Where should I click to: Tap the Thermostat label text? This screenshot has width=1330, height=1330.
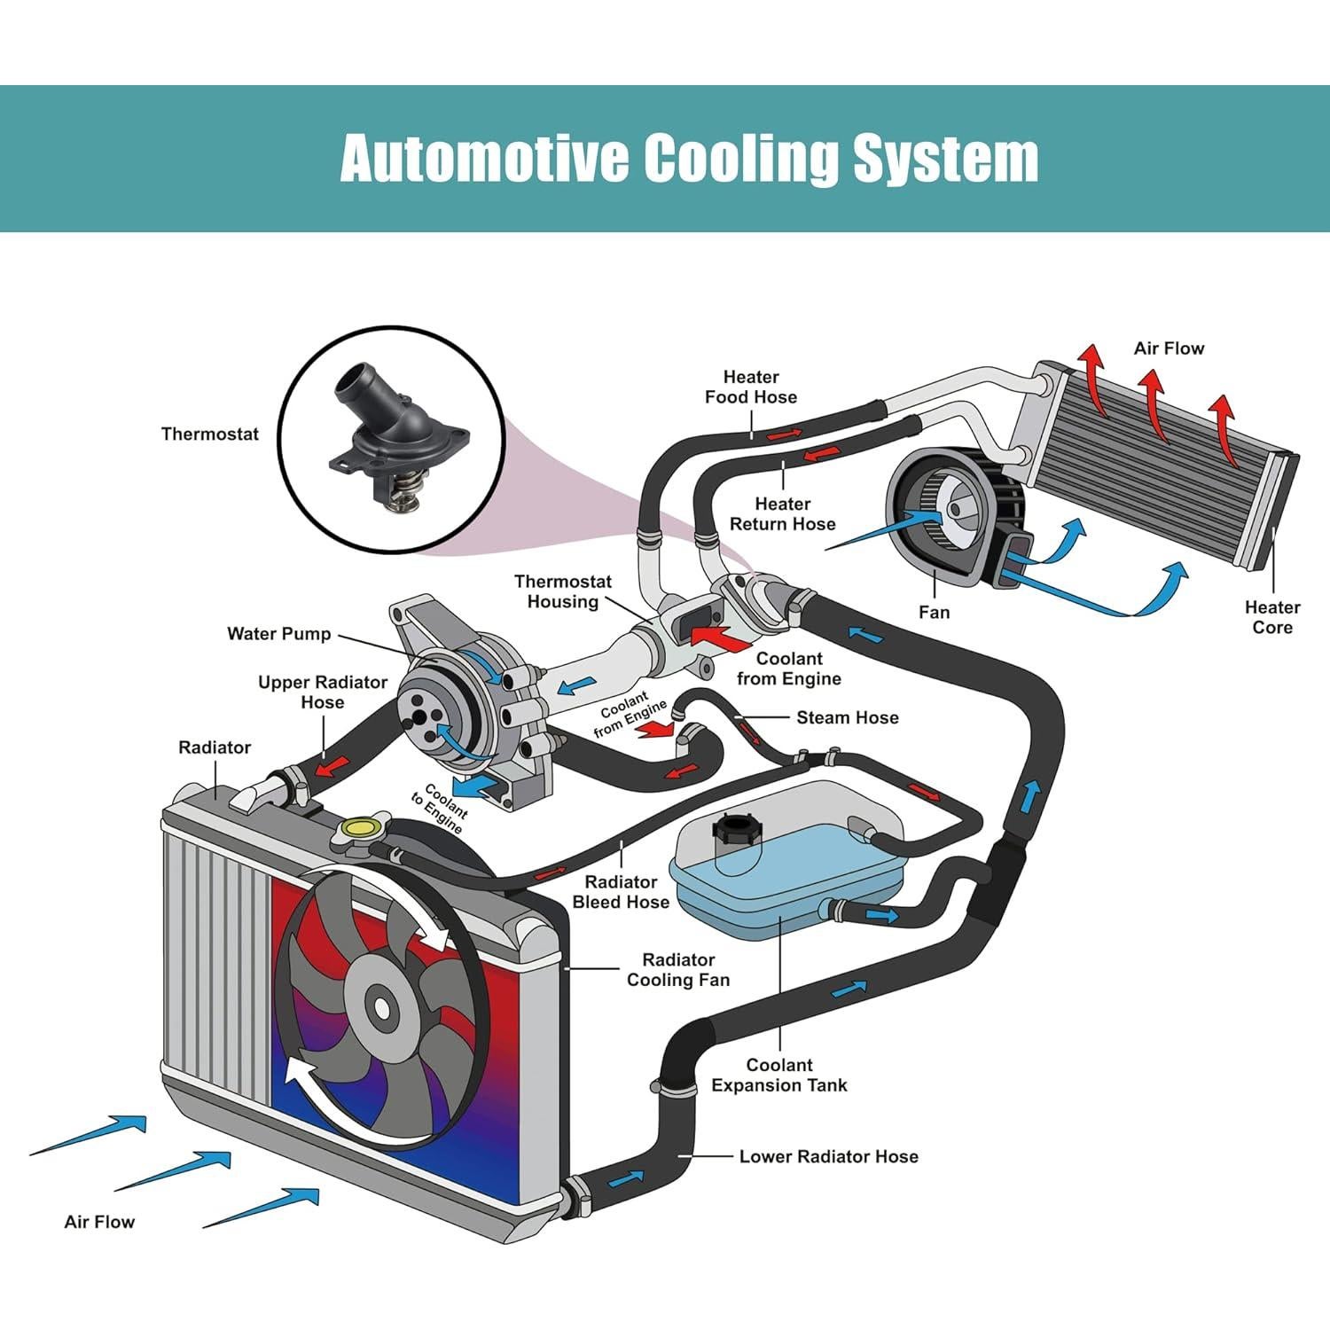(x=210, y=434)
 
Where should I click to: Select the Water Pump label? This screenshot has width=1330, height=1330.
(x=278, y=634)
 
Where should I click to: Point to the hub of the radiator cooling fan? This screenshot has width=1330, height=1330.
(x=381, y=1008)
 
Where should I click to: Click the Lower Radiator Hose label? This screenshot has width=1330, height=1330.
(x=828, y=1156)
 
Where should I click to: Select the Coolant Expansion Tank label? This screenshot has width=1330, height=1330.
(x=778, y=1075)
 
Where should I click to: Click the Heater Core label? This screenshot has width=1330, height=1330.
(x=1271, y=617)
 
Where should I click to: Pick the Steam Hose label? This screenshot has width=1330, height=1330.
(x=847, y=717)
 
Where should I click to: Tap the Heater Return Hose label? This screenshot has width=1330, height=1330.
(x=782, y=513)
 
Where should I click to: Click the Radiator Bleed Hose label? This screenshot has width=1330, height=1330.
(x=621, y=892)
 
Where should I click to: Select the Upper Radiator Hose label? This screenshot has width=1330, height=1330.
(x=322, y=692)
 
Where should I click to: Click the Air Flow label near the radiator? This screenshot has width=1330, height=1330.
(x=99, y=1222)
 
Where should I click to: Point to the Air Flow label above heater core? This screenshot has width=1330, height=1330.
(x=1169, y=348)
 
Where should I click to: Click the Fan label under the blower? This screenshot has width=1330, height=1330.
(x=934, y=612)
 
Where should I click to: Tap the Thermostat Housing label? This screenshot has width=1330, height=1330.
(x=563, y=591)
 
